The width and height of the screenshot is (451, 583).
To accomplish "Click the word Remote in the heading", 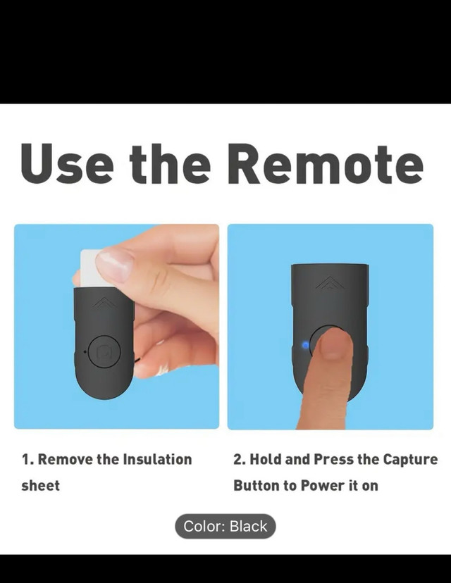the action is [325, 163].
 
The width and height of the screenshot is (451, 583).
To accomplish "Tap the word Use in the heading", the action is [67, 163].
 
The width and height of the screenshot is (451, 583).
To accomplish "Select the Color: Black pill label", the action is [225, 526].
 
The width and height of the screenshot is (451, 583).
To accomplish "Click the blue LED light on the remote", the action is [306, 346].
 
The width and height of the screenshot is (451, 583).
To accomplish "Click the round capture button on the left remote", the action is [105, 352].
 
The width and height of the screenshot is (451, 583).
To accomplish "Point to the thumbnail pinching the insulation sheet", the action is [114, 265].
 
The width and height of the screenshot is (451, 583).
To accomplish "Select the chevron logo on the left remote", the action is [104, 303].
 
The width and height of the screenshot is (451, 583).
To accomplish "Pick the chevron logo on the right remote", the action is [330, 283].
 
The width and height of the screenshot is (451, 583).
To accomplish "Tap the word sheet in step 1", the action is [41, 486].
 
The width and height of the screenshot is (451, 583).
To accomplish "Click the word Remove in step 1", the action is [65, 460].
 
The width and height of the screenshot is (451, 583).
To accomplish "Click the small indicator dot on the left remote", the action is [85, 351].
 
